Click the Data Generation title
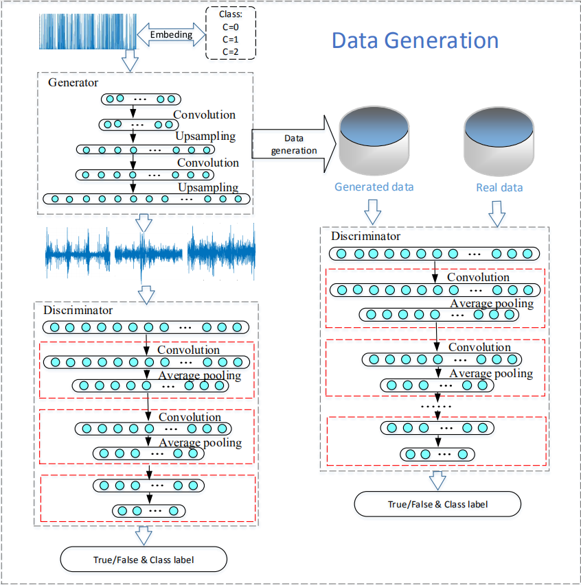[415, 40]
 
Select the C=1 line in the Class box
[231, 39]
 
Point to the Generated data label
[374, 187]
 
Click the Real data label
[499, 187]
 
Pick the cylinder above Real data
[500, 141]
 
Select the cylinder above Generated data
[374, 141]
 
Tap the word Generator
[73, 82]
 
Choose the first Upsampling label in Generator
[205, 136]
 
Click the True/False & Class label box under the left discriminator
[144, 560]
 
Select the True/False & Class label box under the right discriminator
[437, 504]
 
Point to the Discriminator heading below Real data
[365, 237]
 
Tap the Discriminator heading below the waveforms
[78, 310]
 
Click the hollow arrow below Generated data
[373, 211]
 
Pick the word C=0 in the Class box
[231, 27]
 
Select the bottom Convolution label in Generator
[208, 163]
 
